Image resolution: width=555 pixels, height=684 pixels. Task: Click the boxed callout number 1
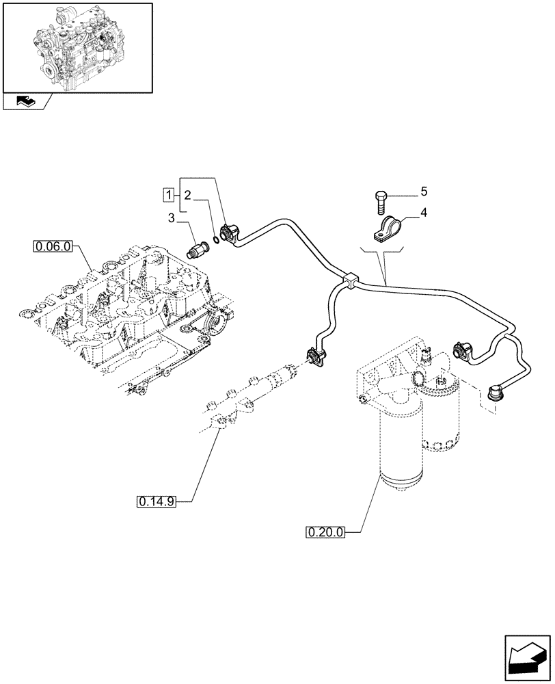[167, 196]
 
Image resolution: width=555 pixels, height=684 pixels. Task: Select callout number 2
[187, 195]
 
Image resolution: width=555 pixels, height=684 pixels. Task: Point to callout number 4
[424, 213]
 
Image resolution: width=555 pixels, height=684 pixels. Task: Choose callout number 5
[424, 190]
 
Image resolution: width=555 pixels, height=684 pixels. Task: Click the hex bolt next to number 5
[381, 202]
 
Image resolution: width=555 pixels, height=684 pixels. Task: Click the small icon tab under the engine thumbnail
[25, 103]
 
